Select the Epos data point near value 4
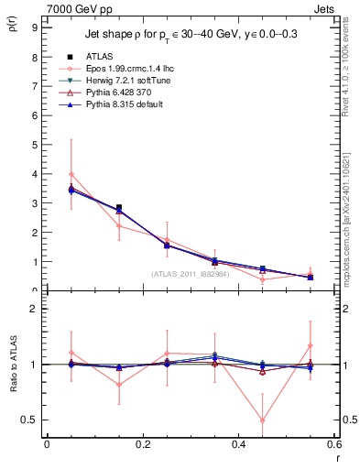click(x=71, y=174)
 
